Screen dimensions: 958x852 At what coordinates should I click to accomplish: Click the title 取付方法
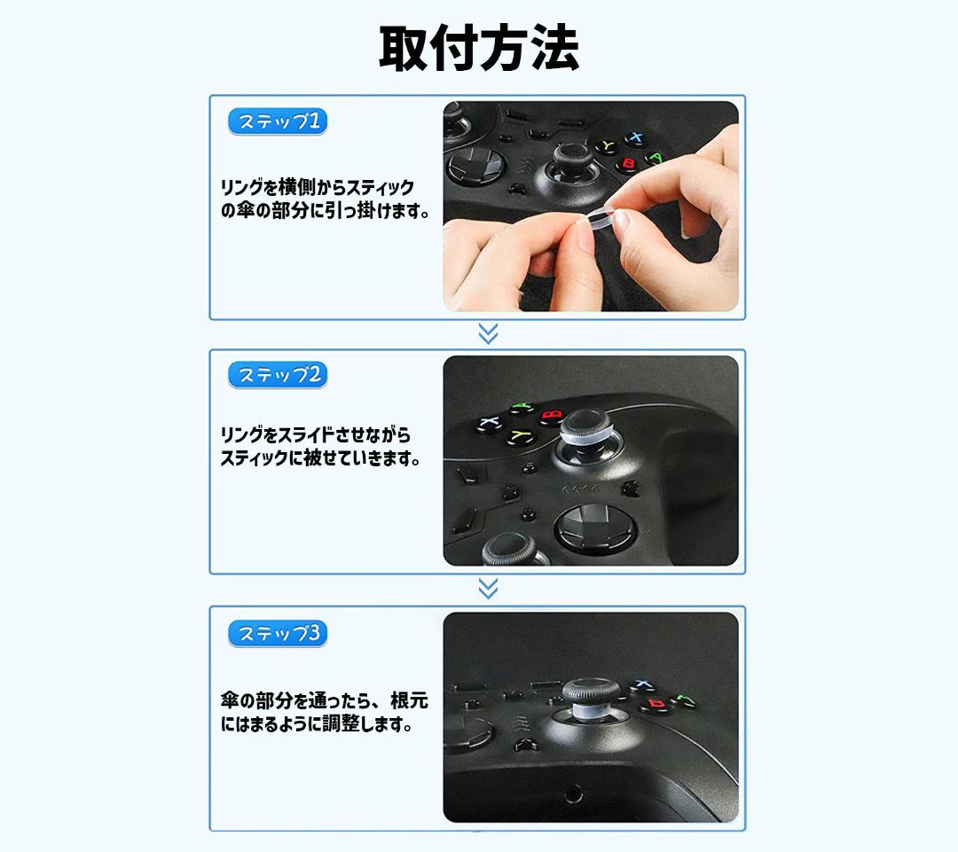pos(479,48)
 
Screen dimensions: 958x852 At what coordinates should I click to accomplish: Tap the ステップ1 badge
pos(278,121)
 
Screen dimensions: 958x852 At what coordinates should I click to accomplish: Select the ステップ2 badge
pos(278,374)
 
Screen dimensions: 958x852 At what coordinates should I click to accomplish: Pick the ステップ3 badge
pos(278,633)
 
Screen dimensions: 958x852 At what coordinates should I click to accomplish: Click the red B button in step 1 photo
pos(627,164)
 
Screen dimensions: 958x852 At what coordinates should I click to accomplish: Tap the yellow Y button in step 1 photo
pos(607,146)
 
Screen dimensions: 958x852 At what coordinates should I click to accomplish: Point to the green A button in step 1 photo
pos(655,159)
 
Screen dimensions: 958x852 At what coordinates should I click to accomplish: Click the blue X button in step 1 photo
pos(635,137)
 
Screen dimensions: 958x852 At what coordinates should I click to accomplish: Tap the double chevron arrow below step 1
pos(488,334)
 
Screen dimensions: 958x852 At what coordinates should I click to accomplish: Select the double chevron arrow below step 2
pos(488,589)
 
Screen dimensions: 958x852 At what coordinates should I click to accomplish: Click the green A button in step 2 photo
pos(522,407)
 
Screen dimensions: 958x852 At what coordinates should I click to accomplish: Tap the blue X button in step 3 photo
pos(641,685)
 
